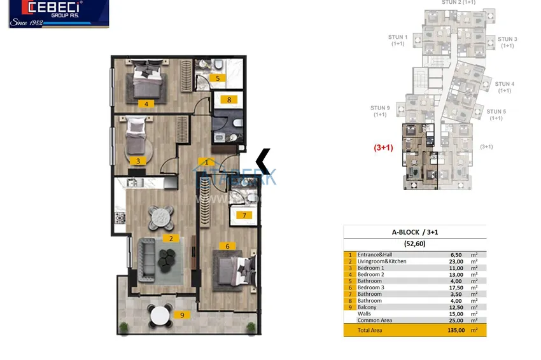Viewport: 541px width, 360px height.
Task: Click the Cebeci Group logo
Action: [59, 13]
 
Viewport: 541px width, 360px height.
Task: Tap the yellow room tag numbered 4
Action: [146, 104]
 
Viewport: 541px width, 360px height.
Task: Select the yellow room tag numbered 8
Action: [229, 99]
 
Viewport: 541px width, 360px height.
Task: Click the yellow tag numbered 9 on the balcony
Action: [181, 314]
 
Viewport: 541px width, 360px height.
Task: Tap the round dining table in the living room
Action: [160, 218]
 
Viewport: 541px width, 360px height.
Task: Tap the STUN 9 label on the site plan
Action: [380, 111]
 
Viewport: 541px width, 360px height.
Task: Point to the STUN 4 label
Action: [505, 87]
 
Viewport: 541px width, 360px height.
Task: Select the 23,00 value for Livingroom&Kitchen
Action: [454, 261]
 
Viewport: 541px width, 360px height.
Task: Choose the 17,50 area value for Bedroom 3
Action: [454, 287]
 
